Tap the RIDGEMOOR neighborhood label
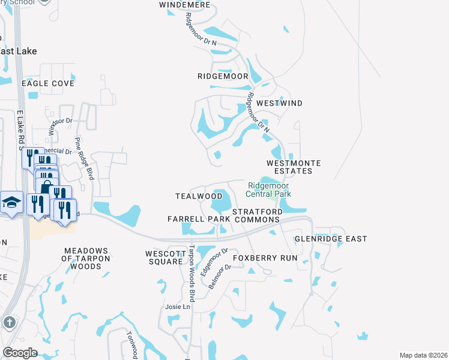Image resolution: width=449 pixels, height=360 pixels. [x=223, y=76]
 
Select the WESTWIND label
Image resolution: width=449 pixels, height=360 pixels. [x=279, y=103]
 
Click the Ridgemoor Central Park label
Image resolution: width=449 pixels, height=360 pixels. [x=269, y=190]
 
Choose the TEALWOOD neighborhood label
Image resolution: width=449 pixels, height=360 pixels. [x=199, y=196]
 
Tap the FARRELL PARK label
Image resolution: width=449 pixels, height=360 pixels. [x=199, y=219]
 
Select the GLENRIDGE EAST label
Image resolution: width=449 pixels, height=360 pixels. [x=331, y=239]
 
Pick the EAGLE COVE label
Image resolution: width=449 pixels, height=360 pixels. [x=48, y=83]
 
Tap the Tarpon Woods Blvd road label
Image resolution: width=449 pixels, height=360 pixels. [x=191, y=273]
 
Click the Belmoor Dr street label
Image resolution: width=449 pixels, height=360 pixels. [x=220, y=277]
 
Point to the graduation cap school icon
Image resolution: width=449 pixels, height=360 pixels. [x=10, y=203]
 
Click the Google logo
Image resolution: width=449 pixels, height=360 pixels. [x=20, y=352]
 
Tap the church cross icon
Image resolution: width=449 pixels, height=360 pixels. [x=8, y=322]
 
